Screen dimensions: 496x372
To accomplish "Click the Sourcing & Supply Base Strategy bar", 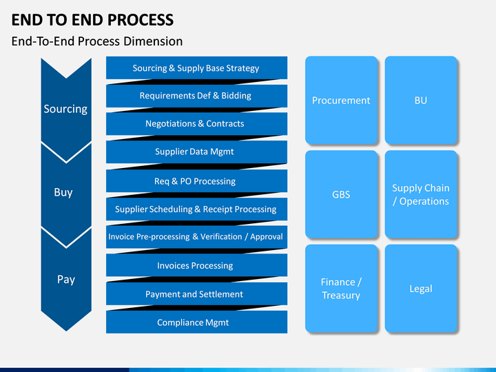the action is tap(196, 68).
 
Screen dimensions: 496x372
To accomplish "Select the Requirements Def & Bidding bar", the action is tap(196, 96).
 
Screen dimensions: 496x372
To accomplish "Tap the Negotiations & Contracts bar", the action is tap(196, 124).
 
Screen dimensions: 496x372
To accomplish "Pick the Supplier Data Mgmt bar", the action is tap(196, 152).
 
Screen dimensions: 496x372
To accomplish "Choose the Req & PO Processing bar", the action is tap(196, 181).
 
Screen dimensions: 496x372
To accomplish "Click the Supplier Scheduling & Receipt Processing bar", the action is tap(196, 209).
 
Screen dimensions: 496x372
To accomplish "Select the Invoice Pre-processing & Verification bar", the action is tap(196, 237).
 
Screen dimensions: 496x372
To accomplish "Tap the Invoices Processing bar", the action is tap(196, 265).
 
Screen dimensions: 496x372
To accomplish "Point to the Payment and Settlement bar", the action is tap(196, 294).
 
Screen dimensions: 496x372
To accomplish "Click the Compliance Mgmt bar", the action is tap(196, 322).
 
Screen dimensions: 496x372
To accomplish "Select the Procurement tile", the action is tap(341, 101).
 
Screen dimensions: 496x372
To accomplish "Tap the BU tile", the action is tap(421, 101).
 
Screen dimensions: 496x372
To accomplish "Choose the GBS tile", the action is tap(341, 194).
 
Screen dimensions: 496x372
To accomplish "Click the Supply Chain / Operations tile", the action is tap(421, 194).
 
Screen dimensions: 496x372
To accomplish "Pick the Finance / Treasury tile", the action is tap(341, 288).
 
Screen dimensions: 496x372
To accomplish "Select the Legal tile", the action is tap(421, 288).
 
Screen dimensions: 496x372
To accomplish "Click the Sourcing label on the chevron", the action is tap(65, 109).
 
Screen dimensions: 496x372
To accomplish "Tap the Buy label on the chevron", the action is tap(63, 192).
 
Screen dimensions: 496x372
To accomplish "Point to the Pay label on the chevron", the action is tap(66, 279).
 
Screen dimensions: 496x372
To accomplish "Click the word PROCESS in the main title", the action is tap(141, 20).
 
